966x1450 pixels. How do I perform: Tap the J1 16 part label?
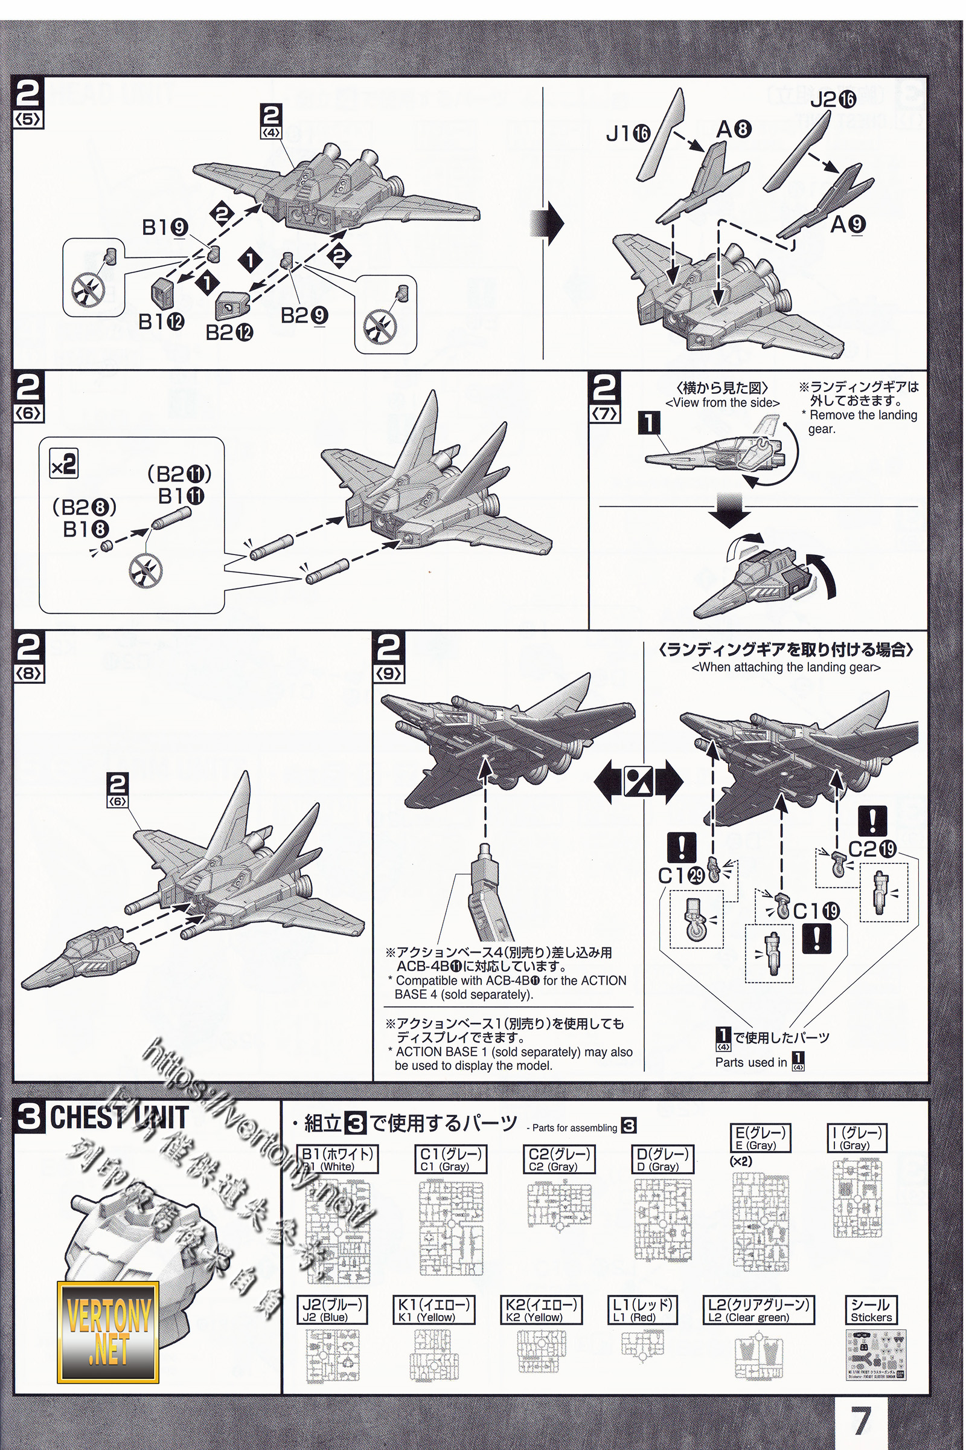(x=628, y=132)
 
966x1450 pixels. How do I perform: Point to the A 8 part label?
(x=734, y=129)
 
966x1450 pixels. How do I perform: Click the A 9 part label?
(x=848, y=224)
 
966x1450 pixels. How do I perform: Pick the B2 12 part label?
(x=229, y=332)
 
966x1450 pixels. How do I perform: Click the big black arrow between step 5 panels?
(x=546, y=223)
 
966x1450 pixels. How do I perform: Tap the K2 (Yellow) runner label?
(x=541, y=1310)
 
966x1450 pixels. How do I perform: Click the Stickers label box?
(x=871, y=1310)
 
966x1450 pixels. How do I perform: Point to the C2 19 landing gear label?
(x=872, y=849)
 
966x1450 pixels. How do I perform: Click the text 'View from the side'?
(x=722, y=402)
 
